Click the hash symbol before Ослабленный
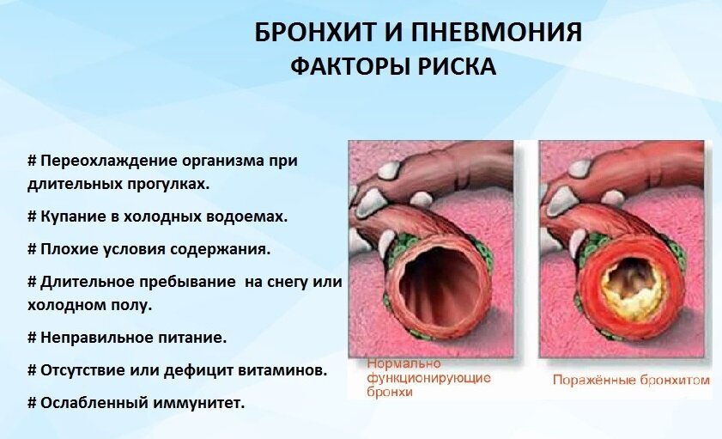[x=32, y=403]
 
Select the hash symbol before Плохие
[x=32, y=249]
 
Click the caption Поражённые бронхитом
[x=631, y=380]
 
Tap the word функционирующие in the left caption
[x=428, y=378]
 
